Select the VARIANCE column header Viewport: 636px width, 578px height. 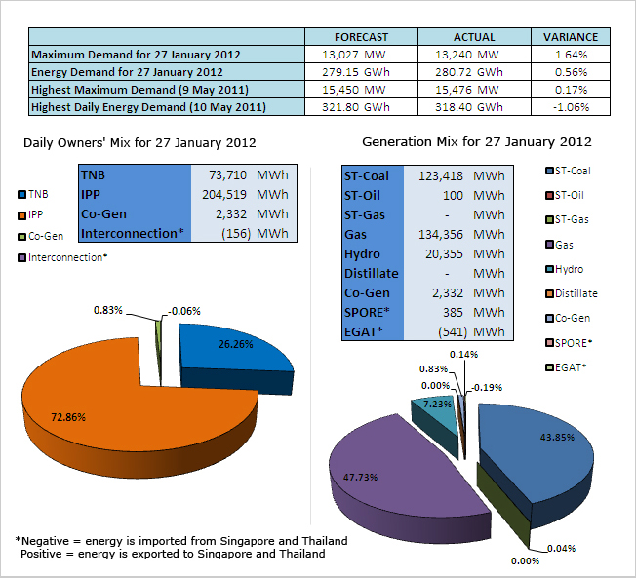570,37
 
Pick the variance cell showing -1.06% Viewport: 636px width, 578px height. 570,107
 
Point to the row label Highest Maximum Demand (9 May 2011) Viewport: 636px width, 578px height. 133,90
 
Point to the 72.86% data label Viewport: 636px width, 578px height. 68,417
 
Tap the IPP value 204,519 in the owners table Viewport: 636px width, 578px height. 224,193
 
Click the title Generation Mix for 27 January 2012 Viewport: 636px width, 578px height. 476,142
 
